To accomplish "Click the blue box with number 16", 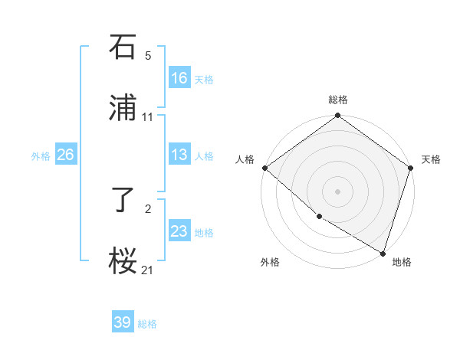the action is [179, 78].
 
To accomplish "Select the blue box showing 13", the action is [179, 155].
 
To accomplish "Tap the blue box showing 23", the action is [179, 231].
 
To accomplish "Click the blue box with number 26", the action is [65, 155].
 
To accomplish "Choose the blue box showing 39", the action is [123, 322].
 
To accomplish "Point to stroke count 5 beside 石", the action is [148, 56].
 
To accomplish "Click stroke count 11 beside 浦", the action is [148, 117].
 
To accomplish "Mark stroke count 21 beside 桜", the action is [148, 270].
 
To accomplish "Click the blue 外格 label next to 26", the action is [41, 156].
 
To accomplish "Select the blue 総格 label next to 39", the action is [147, 324].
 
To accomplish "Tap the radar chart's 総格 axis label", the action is [338, 100].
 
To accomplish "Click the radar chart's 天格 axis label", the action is [431, 159].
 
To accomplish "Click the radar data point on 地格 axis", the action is [383, 252].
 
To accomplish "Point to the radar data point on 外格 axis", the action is [318, 217].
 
